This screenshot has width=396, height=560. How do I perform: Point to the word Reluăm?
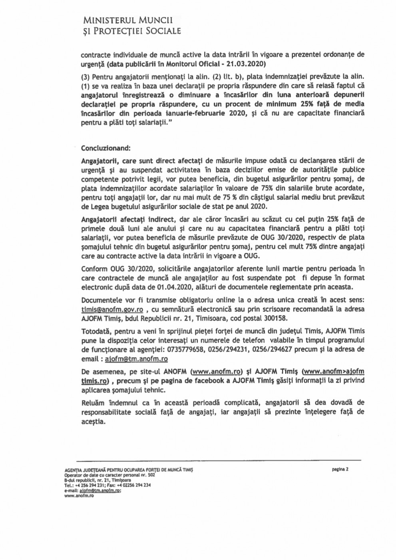pos(94,402)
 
